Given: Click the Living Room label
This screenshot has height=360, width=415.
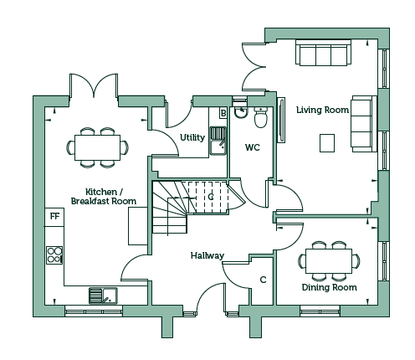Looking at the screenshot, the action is [322, 110].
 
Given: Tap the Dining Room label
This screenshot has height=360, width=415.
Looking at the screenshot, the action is [330, 287].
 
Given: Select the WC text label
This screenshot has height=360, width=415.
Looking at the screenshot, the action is [253, 147].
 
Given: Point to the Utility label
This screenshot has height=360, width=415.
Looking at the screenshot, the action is [192, 137].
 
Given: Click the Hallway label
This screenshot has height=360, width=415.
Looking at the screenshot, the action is [207, 255].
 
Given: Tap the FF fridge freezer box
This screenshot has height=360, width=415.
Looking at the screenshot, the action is [54, 217].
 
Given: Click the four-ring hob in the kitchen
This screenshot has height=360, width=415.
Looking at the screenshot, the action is [54, 255].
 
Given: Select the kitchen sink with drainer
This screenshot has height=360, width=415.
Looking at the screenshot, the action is [103, 296].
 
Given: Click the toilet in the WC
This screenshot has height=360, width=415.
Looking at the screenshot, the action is [261, 117].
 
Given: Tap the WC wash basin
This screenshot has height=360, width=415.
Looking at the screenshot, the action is [240, 112].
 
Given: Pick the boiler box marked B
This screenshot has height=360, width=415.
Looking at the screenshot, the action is [223, 113].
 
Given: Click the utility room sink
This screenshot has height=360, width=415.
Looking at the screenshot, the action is [218, 141].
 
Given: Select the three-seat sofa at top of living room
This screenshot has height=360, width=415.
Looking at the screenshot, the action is [323, 53].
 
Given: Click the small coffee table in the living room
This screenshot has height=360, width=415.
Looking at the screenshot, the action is [327, 143].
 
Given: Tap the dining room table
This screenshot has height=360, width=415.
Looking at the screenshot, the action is [329, 261].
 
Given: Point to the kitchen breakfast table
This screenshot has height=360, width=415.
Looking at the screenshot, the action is [97, 147].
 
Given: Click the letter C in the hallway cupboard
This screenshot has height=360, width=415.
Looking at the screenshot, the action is [263, 280].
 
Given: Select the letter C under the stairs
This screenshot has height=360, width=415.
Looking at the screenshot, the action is [211, 197].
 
